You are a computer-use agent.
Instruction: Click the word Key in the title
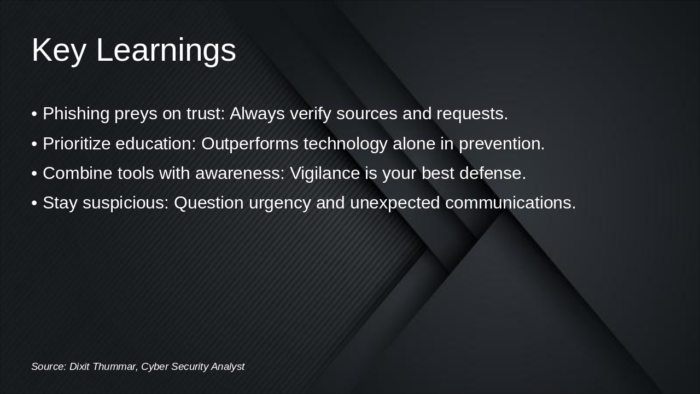pyautogui.click(x=59, y=51)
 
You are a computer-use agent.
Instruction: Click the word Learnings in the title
pyautogui.click(x=166, y=51)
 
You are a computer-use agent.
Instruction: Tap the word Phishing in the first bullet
pyautogui.click(x=76, y=114)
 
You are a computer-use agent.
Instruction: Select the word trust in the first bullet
pyautogui.click(x=206, y=113)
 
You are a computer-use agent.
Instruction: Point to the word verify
pyautogui.click(x=310, y=114)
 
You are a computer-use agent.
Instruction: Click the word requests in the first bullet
pyautogui.click(x=472, y=114)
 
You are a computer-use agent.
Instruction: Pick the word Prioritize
pyautogui.click(x=77, y=144)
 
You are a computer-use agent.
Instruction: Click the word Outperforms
pyautogui.click(x=250, y=144)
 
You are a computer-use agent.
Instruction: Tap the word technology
pyautogui.click(x=345, y=144)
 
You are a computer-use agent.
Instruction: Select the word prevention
pyautogui.click(x=501, y=144)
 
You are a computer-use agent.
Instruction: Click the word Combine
pyautogui.click(x=78, y=173)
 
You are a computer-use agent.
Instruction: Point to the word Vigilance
pyautogui.click(x=325, y=174)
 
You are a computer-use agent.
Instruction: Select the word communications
pyautogui.click(x=510, y=203)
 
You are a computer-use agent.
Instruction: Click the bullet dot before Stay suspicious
pyautogui.click(x=34, y=203)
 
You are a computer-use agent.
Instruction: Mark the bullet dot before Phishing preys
pyautogui.click(x=34, y=114)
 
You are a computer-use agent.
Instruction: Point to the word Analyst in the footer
pyautogui.click(x=228, y=367)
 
